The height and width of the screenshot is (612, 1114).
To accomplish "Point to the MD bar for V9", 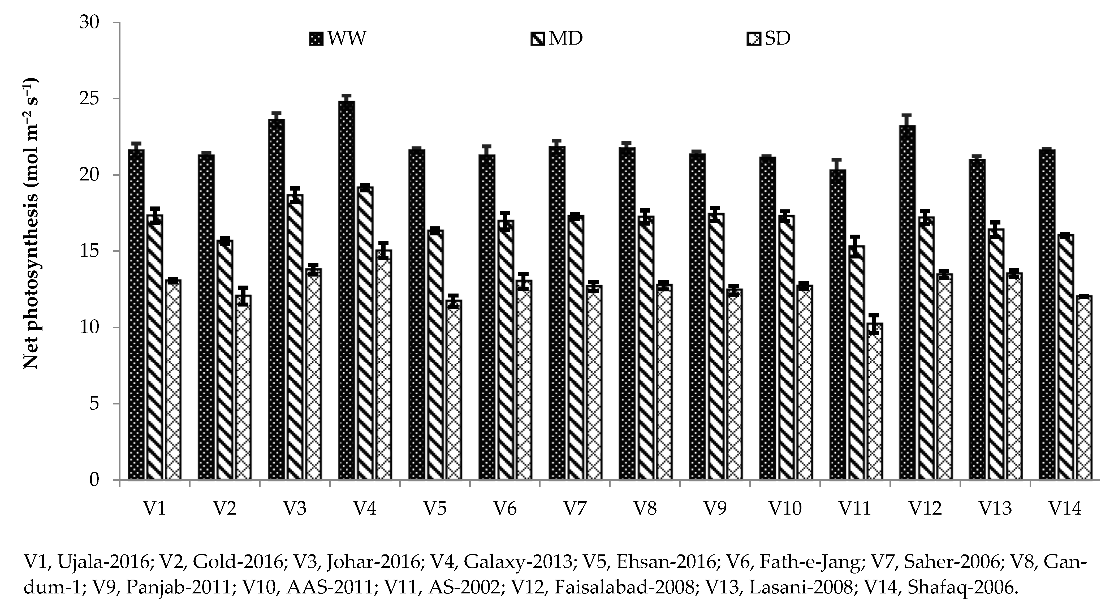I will [x=716, y=346].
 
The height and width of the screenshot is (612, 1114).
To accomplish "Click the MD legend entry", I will [x=557, y=39].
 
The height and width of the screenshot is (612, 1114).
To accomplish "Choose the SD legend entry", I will [x=769, y=39].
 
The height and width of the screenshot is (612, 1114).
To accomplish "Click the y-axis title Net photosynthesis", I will [x=31, y=225].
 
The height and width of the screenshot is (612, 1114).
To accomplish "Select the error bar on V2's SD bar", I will [x=243, y=296].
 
